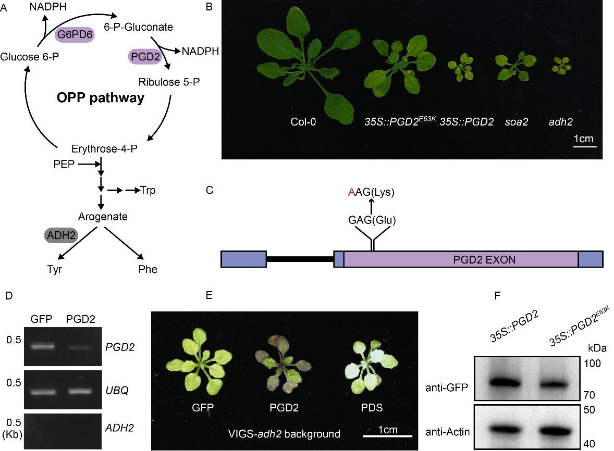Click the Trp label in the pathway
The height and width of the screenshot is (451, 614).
(148, 191)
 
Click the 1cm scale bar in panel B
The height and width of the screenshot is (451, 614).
(584, 147)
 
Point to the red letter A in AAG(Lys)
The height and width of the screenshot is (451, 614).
(351, 193)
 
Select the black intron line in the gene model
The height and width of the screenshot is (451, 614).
(300, 259)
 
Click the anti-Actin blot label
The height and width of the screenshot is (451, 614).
(448, 431)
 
